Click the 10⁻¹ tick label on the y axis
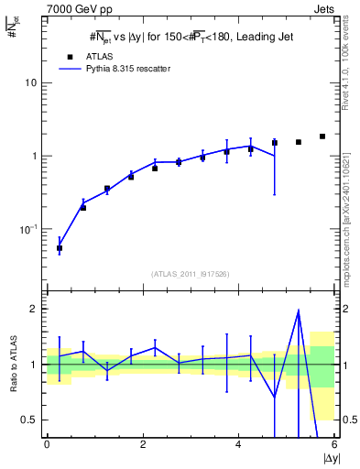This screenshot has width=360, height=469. point(28,229)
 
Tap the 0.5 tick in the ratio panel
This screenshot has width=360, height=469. point(29,420)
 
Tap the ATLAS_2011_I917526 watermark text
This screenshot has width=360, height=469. point(190,274)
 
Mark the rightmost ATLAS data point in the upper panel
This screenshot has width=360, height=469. point(322,136)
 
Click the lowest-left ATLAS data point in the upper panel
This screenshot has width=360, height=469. point(60,248)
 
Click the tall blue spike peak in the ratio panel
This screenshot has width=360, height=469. point(299,311)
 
